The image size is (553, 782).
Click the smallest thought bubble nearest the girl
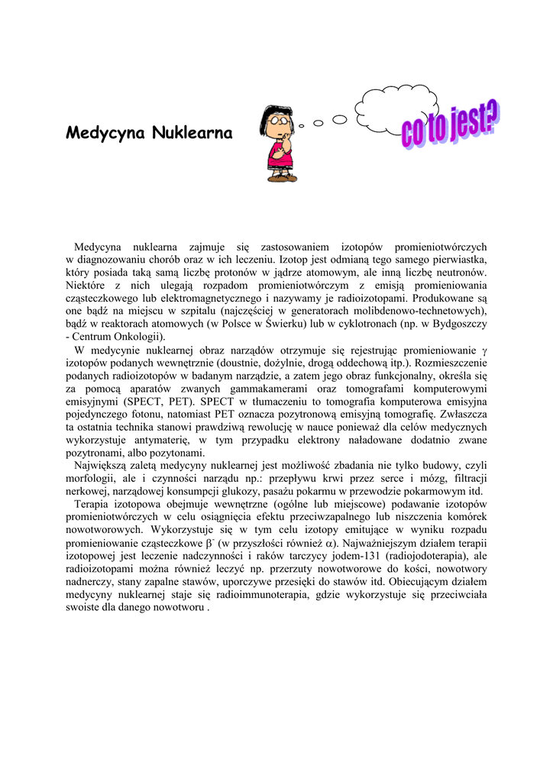302,125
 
